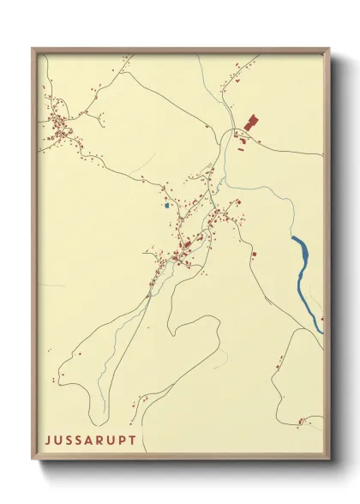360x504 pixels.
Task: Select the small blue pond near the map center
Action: pos(165,205)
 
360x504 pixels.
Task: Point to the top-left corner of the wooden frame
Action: pos(33,49)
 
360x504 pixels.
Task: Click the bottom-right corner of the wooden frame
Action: pos(330,459)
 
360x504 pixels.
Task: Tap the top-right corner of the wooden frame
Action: pos(330,49)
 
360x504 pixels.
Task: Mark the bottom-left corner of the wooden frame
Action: pos(33,459)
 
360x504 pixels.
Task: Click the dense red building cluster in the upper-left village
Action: pos(60,129)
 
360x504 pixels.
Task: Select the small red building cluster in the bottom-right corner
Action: pos(302,420)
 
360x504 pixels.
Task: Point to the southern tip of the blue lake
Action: pos(321,330)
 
